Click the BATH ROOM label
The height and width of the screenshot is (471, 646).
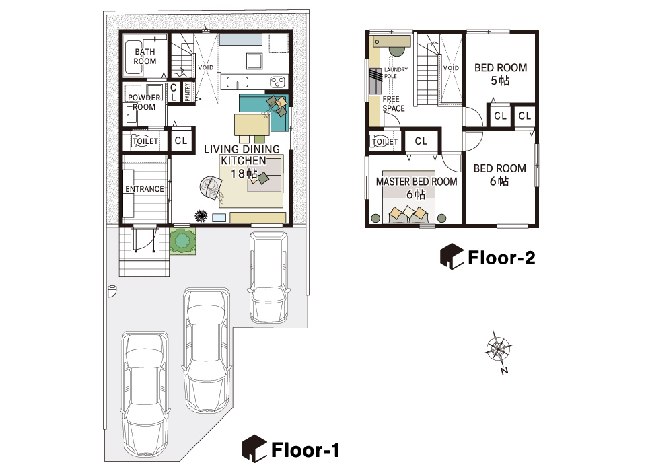tap(145, 57)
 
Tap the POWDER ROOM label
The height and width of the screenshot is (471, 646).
tap(144, 102)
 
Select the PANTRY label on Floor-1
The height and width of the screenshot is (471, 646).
tap(188, 92)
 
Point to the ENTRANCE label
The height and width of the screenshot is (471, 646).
tap(145, 188)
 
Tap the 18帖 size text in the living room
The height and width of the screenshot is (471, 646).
tap(244, 174)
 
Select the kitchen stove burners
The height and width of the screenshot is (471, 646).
tap(278, 82)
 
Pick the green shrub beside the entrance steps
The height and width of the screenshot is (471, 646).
tap(182, 241)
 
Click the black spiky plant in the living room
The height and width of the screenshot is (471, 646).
tap(201, 215)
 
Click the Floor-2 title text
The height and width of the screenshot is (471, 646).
tap(501, 258)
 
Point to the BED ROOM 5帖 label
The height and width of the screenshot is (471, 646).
tap(501, 74)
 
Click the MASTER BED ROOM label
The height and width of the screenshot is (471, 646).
tap(417, 188)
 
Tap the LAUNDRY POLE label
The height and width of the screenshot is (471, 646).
tap(396, 73)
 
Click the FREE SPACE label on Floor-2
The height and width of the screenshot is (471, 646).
tap(394, 104)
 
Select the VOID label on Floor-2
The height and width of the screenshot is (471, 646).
tap(451, 68)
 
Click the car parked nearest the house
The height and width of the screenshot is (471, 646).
tap(268, 277)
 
